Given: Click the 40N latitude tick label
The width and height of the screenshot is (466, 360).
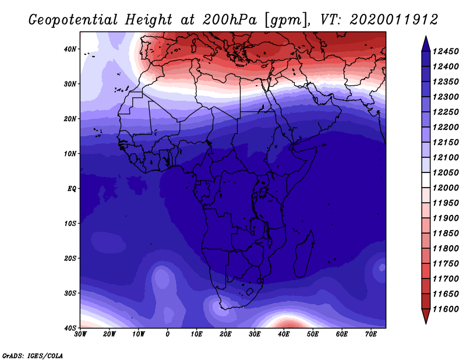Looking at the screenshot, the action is pos(70,49).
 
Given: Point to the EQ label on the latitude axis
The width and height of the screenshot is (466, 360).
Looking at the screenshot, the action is pos(72,189).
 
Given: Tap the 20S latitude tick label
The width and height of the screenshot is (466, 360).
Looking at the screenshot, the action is pos(70,258).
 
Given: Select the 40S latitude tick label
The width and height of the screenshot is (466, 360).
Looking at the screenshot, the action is pos(70,328).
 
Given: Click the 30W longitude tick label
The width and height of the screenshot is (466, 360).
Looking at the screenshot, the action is pos(80,334).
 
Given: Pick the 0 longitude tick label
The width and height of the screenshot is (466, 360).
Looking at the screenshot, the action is pos(168,334).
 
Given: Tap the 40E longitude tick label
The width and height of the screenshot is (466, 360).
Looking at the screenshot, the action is pos(284,334).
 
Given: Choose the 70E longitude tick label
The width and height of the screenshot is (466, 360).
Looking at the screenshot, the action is pos(371,334).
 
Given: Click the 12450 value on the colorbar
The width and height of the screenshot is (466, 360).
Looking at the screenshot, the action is pos(446,52).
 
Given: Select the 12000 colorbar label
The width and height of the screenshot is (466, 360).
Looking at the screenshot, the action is pos(446,188).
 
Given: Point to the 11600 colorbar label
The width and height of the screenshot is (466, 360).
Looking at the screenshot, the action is pos(446,309).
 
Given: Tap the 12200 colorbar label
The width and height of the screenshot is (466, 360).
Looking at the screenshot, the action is pos(446,127).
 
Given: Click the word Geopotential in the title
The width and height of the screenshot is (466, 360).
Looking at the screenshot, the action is pos(73,20).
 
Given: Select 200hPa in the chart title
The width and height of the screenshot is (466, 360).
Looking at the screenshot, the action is pos(229,20).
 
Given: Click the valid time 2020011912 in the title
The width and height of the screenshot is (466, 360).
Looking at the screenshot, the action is pos(394,20).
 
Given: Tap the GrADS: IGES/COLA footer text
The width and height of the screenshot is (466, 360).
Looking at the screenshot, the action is pos(33,356).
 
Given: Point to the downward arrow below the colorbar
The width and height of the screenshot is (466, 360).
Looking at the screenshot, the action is pos(426,316).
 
